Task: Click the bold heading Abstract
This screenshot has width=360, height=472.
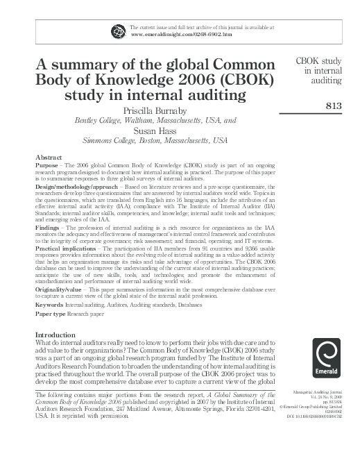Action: [49, 158]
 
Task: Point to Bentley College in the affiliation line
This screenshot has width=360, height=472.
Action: [99, 119]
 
